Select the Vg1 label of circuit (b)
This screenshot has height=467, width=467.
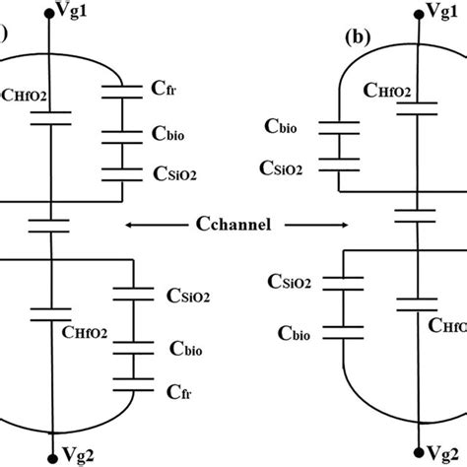click(448, 12)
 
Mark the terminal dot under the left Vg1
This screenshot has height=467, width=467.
click(39, 14)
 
